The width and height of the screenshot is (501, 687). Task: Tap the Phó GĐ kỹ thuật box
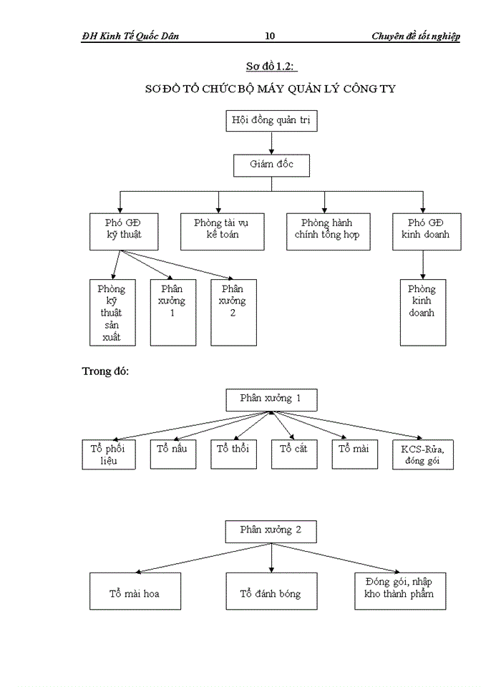tap(120, 231)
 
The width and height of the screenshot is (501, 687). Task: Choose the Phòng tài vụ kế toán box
tap(220, 231)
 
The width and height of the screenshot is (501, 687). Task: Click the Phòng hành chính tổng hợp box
tap(327, 231)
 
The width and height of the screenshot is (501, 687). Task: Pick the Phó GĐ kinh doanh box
tap(426, 231)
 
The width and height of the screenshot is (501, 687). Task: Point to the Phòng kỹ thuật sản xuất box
tap(111, 313)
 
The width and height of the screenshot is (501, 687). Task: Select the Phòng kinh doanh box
tap(422, 313)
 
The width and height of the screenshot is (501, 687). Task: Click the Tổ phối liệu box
tap(109, 454)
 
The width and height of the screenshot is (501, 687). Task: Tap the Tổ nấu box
tap(172, 454)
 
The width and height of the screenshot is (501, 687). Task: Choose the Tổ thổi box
tap(233, 454)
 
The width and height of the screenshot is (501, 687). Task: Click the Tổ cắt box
tap(293, 454)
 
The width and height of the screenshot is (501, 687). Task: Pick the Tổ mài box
tap(354, 454)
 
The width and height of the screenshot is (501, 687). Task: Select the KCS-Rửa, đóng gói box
tap(423, 454)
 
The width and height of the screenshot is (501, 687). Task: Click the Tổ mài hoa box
tap(135, 591)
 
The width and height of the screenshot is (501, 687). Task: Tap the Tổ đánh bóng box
tap(271, 591)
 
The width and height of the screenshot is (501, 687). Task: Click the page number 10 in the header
tap(270, 36)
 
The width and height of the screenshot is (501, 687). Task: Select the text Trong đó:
tap(105, 371)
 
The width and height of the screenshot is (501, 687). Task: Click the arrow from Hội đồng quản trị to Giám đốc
tap(271, 143)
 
